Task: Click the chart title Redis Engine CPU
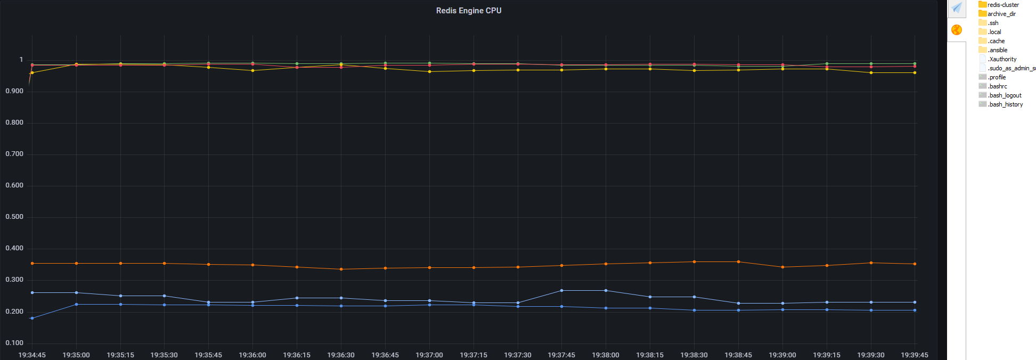tap(469, 11)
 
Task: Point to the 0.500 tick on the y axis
tap(14, 217)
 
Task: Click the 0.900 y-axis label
tap(14, 91)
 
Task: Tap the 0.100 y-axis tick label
tap(14, 343)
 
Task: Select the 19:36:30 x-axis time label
tap(341, 355)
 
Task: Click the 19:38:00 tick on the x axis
tap(606, 355)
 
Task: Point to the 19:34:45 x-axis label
tap(32, 355)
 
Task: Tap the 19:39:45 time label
tap(915, 355)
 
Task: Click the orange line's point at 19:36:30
tap(341, 269)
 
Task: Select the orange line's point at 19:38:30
tap(694, 261)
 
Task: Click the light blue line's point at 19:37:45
tap(561, 290)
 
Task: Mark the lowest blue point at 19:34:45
tap(32, 318)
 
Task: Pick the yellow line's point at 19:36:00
tap(252, 70)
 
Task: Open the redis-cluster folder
tap(1003, 5)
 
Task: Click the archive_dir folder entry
tap(1001, 14)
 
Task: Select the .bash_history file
tap(1006, 104)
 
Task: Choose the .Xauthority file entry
tap(1002, 59)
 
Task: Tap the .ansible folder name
tap(998, 50)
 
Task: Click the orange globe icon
tap(957, 30)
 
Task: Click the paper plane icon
tap(957, 8)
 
